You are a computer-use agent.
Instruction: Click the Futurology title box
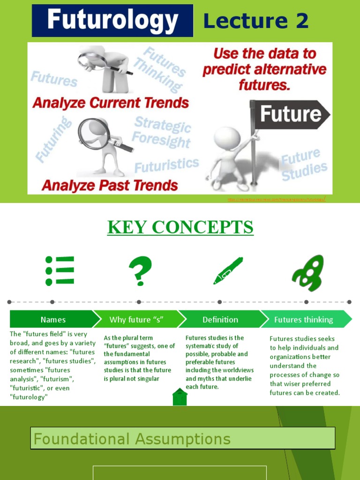click(112, 21)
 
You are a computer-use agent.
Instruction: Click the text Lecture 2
click(256, 21)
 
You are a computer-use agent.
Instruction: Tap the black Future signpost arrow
click(290, 114)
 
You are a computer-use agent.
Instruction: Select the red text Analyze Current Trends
click(111, 103)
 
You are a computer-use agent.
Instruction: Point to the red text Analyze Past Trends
click(110, 185)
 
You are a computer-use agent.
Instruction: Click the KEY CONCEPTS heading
click(180, 227)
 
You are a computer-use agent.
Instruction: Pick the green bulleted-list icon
click(60, 270)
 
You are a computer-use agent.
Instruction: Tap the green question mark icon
click(140, 271)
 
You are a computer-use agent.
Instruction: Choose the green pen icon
click(228, 270)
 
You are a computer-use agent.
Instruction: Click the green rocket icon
click(308, 273)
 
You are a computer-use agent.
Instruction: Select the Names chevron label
click(53, 320)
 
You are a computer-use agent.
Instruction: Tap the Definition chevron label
click(220, 320)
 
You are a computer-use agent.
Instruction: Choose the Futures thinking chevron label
click(304, 320)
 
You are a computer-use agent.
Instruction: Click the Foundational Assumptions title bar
click(183, 439)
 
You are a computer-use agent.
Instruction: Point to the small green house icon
click(180, 397)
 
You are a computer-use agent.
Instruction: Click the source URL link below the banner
click(277, 200)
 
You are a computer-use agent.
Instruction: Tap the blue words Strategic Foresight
click(162, 132)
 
